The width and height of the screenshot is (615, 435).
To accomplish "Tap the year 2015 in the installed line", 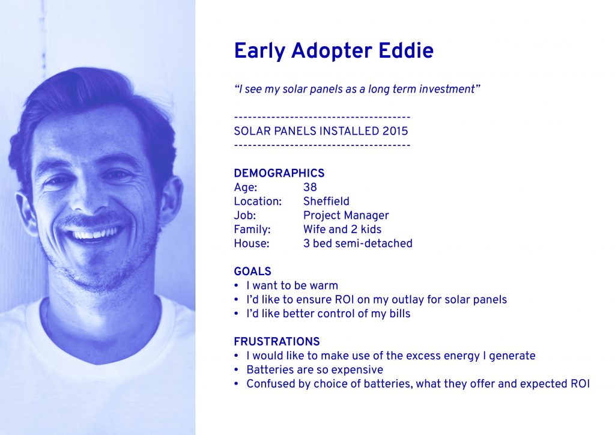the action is pos(395,131).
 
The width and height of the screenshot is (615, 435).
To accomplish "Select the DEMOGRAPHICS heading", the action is pos(279,173).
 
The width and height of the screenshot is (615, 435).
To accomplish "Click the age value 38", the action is pos(310,187).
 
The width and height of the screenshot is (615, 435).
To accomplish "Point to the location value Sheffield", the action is pos(326,201).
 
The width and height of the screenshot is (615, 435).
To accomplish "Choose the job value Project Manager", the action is pos(346,215).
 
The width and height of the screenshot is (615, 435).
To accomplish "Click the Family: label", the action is pos(252,230).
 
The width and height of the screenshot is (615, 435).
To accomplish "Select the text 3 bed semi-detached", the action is pos(358,243).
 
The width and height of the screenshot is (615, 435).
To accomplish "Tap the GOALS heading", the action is pos(253,272).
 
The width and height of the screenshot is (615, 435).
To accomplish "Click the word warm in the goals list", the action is pos(324,286).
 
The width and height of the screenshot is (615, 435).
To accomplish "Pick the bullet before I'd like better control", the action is pos(236,314).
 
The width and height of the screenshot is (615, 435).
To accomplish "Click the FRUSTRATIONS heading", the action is pos(277,341).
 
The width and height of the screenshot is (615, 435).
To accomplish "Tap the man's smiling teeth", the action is pos(95,234).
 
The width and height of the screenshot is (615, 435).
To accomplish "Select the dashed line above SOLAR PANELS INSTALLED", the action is pos(322,117).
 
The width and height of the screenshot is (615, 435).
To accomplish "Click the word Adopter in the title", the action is pos(332,52).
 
